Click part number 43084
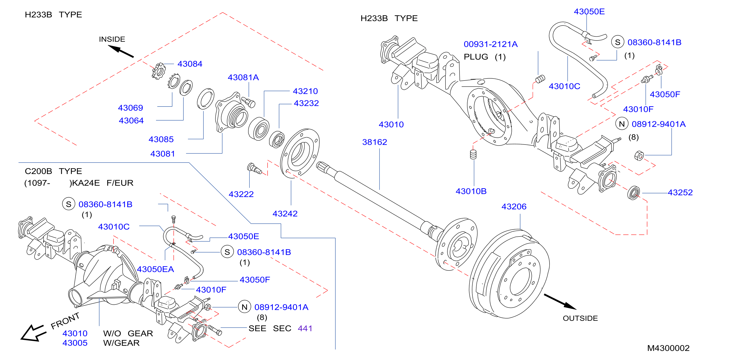click(190, 64)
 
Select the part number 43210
click(305, 91)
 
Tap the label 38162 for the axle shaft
click(375, 142)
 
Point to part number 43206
click(514, 207)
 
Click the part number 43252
click(680, 193)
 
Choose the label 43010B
click(471, 191)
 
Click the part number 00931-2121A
click(490, 44)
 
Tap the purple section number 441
click(305, 328)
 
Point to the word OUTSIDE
click(580, 318)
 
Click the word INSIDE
click(112, 39)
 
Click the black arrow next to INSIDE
click(121, 51)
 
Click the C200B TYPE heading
click(53, 171)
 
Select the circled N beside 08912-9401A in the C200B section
click(244, 307)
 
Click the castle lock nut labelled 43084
click(159, 71)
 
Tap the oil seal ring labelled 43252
click(633, 193)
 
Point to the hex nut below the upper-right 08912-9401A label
click(639, 156)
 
